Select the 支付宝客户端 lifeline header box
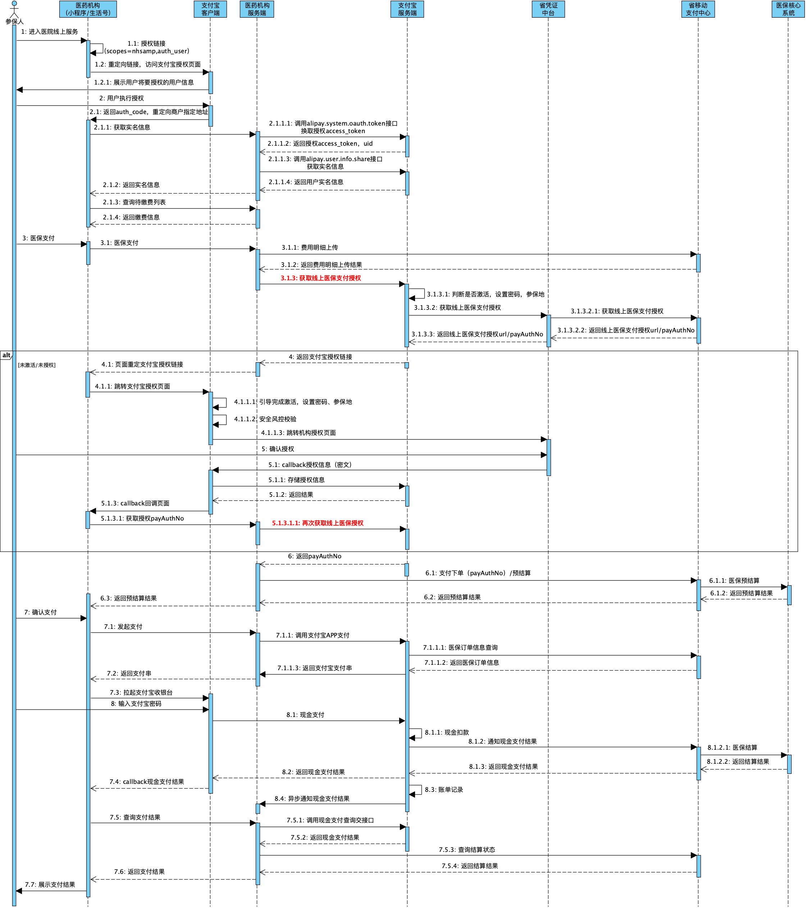[210, 9]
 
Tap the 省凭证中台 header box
[548, 9]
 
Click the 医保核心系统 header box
[788, 9]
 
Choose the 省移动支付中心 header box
[698, 9]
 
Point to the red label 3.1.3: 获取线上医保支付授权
[321, 278]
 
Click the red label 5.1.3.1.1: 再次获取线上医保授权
[318, 523]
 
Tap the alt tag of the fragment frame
[6, 355]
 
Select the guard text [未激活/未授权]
[37, 365]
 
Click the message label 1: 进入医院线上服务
[49, 32]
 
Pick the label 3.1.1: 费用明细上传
[310, 248]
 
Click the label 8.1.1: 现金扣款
[446, 732]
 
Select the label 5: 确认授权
[278, 449]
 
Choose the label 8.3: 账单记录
[444, 790]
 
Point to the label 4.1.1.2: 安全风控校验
[265, 419]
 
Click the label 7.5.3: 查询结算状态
[467, 850]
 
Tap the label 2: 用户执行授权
[121, 98]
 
